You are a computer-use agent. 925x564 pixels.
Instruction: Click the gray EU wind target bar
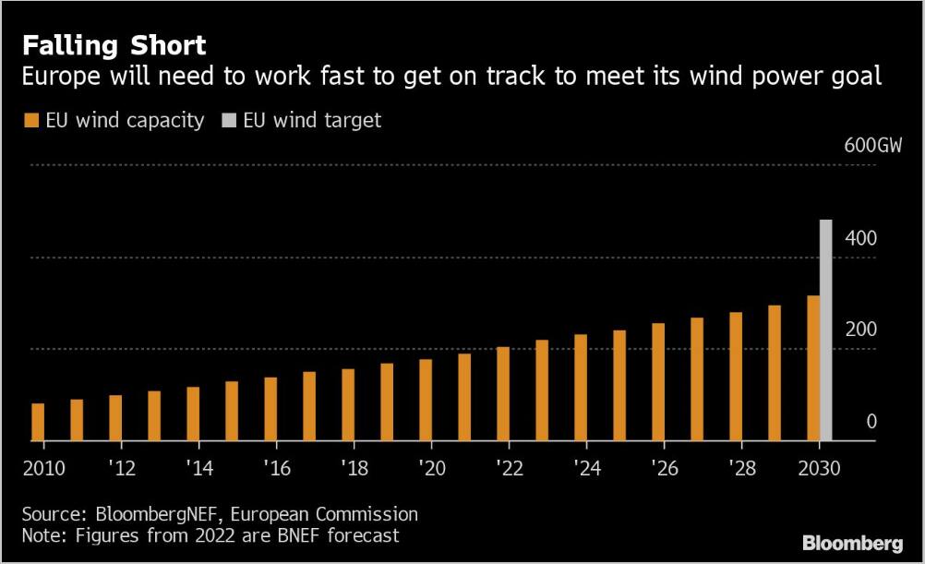(825, 330)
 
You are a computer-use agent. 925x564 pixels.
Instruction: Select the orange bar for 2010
(38, 422)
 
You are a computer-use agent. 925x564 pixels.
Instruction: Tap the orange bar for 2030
(813, 368)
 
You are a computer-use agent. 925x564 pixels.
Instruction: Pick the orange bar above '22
(503, 394)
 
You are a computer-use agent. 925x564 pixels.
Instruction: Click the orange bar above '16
(270, 409)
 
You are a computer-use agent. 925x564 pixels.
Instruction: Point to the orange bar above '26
(658, 382)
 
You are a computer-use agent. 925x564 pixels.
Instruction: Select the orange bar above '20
(426, 400)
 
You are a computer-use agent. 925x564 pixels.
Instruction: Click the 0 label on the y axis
(871, 422)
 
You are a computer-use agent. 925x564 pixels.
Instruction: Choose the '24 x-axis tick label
(586, 468)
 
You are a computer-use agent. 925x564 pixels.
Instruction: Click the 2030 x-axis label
(819, 468)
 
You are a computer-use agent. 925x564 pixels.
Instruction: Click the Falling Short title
(114, 45)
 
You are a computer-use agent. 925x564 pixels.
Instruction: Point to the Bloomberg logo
(852, 544)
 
